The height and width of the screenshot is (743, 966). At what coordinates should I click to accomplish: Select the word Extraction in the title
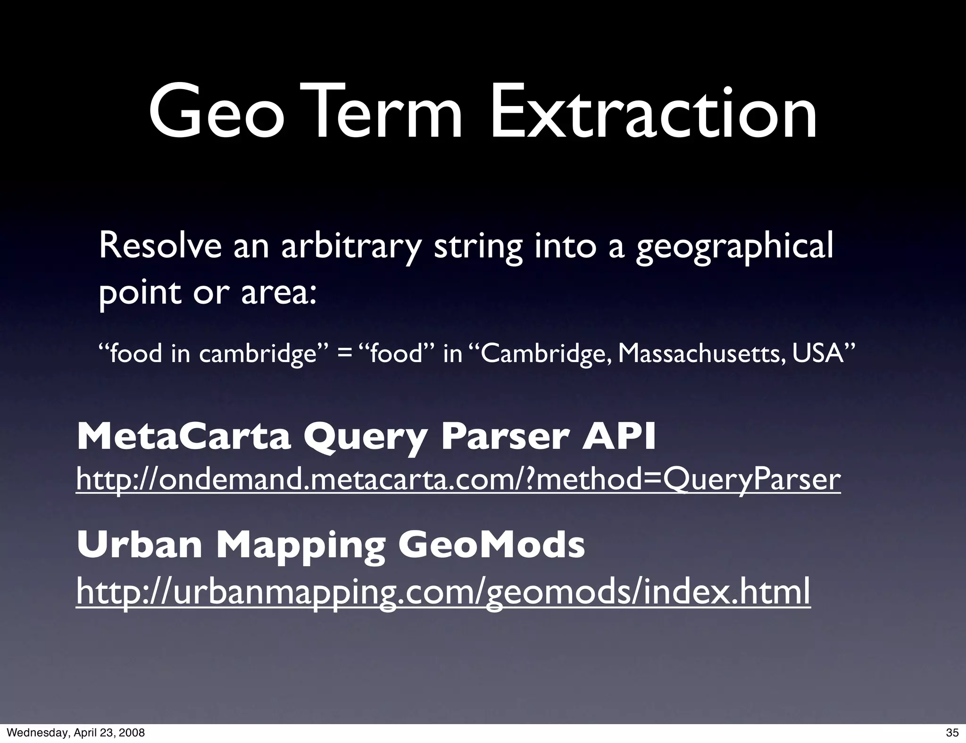click(x=653, y=114)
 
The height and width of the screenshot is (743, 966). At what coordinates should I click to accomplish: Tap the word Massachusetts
click(x=701, y=354)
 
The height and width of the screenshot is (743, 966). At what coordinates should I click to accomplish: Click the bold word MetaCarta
click(x=183, y=437)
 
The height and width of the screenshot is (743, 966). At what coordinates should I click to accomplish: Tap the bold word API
click(x=619, y=437)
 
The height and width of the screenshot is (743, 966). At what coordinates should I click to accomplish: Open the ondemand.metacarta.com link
click(x=458, y=480)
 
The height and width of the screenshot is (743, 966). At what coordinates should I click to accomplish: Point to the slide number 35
click(x=952, y=733)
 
